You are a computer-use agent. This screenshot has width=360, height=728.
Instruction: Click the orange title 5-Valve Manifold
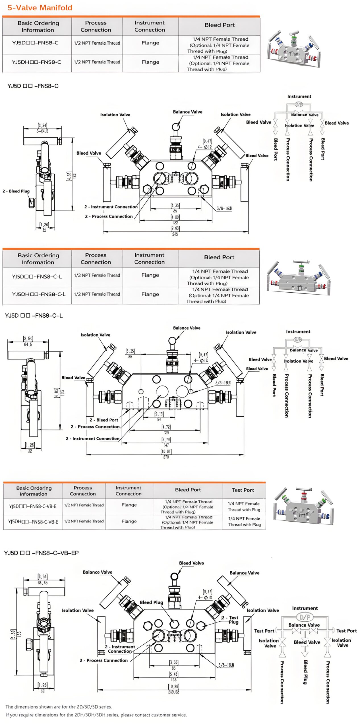click(x=40, y=8)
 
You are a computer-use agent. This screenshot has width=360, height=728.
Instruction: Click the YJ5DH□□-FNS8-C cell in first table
click(x=36, y=62)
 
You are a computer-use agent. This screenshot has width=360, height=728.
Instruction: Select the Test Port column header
click(x=243, y=490)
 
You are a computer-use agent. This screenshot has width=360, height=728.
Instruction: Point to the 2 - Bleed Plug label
click(x=16, y=191)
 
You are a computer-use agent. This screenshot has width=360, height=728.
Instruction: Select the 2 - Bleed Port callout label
click(x=104, y=420)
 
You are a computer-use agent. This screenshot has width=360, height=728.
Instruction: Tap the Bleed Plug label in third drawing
click(x=151, y=602)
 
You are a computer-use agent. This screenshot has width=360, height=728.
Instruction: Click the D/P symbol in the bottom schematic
click(x=305, y=617)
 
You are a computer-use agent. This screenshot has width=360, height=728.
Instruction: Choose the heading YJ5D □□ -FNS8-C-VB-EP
click(x=42, y=553)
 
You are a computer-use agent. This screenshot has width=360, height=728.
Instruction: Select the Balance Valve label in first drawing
click(x=188, y=112)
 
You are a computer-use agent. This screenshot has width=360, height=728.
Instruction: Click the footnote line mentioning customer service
click(x=96, y=715)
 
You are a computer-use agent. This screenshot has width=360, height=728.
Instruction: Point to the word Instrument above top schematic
click(x=299, y=96)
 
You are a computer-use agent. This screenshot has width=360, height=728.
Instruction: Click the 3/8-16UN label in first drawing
click(x=224, y=208)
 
